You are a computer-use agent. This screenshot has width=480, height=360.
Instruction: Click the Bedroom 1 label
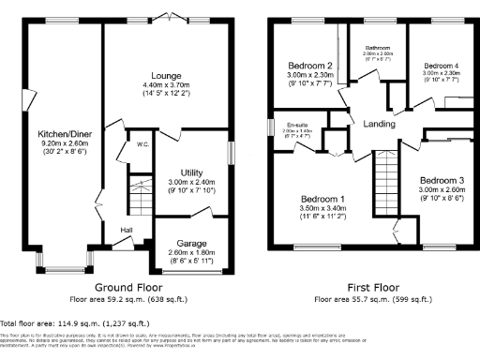(x=323, y=199)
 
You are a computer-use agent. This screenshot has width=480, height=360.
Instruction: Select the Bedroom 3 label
(x=442, y=179)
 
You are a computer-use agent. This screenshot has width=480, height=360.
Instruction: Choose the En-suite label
(x=298, y=125)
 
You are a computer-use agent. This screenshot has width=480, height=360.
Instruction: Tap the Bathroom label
(x=378, y=47)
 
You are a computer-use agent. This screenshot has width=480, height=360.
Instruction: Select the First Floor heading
(x=369, y=288)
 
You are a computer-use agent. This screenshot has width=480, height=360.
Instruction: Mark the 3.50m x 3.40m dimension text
(x=323, y=208)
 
